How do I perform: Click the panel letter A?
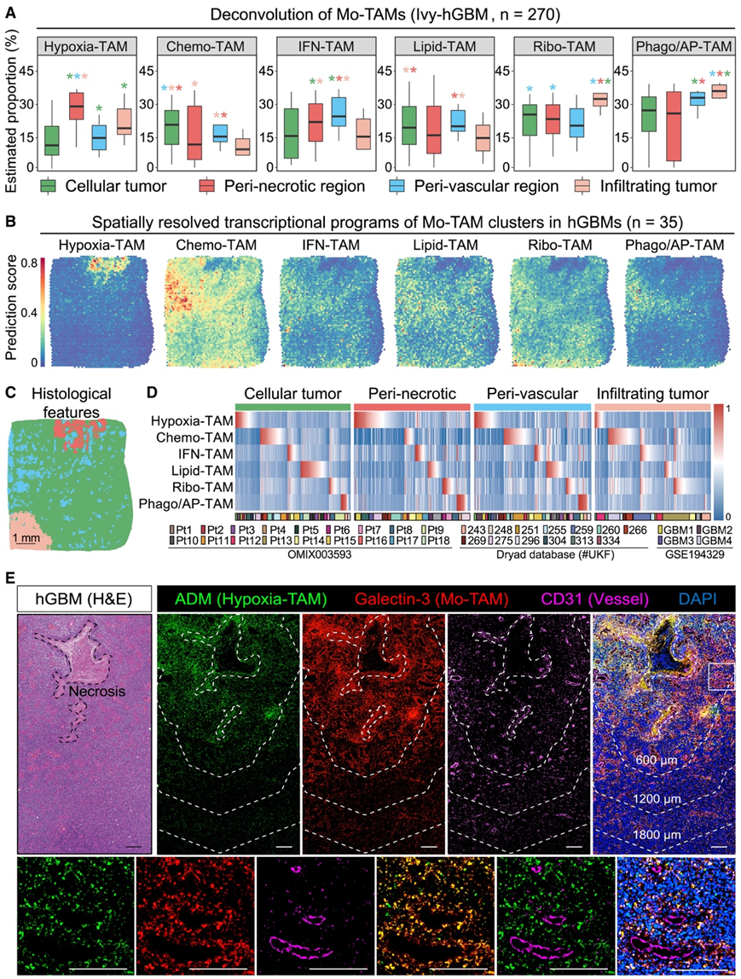pyautogui.click(x=11, y=11)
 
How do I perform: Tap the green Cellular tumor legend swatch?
pyautogui.click(x=48, y=185)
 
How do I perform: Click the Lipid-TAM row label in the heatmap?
pyautogui.click(x=203, y=469)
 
